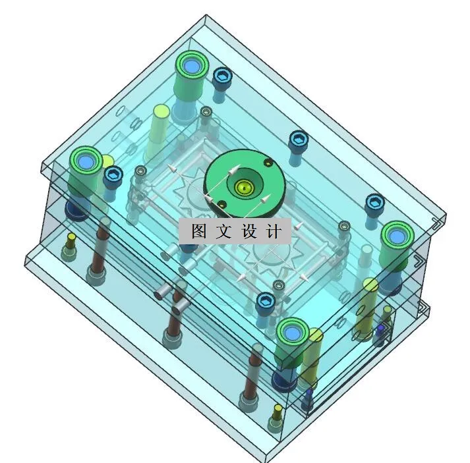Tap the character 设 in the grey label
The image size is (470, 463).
point(251,231)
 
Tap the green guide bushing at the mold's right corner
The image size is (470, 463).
point(397,234)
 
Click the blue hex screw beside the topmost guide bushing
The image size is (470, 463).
point(223,78)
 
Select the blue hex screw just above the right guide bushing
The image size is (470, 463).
point(374,203)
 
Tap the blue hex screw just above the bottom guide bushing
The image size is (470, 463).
point(266,302)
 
